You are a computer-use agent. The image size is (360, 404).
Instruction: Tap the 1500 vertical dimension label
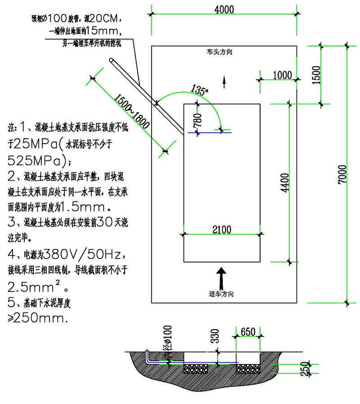[x=316, y=75]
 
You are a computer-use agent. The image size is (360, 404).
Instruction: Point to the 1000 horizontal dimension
[x=282, y=75]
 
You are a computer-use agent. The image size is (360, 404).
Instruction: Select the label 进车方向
[x=221, y=294]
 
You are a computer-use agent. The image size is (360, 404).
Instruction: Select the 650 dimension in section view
[x=248, y=332]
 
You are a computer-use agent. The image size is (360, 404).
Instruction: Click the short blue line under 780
[x=210, y=132]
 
